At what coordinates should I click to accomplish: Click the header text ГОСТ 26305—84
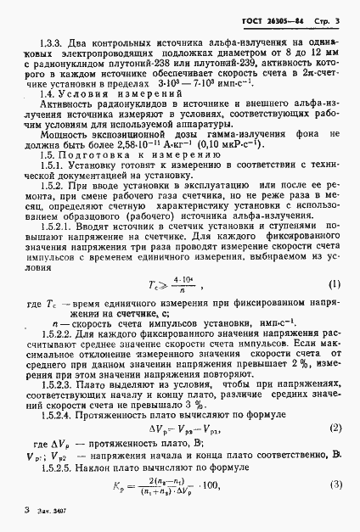click(x=278, y=19)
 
